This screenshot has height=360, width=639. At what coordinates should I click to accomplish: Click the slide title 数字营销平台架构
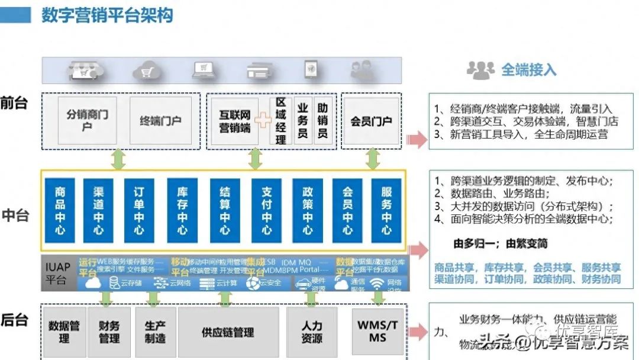coord(107,15)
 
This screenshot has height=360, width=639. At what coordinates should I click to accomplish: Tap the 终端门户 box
coord(160,121)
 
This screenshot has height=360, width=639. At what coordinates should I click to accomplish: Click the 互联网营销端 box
coord(235,121)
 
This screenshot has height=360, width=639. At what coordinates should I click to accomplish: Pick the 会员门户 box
coord(371,121)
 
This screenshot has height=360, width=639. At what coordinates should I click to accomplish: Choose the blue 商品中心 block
coord(60,210)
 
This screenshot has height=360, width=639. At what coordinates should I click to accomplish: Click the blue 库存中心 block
coord(182,210)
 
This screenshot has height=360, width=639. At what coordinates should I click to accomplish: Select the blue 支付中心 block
coord(266,210)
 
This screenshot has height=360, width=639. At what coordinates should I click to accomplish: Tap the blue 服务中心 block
coord(386,210)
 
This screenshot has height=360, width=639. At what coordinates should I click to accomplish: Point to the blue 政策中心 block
coord(308,210)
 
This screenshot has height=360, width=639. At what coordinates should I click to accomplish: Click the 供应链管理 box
coord(228,332)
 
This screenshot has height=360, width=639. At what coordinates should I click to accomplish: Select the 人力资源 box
coord(312,332)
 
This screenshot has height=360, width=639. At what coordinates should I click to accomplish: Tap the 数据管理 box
coord(64,332)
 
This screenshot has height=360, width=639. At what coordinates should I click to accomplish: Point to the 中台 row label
coord(15,215)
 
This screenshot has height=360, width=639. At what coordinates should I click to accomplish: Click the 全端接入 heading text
coord(528,70)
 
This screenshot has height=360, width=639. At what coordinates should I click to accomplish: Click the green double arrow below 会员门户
coord(373,159)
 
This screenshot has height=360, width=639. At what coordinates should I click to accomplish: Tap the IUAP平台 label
coord(57,274)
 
